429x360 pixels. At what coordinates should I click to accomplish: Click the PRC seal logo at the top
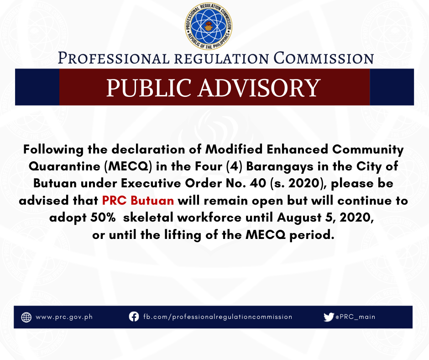[x=209, y=26]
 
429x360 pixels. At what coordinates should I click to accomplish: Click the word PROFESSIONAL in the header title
[x=114, y=58]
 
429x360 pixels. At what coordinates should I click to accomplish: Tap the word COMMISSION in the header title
[x=324, y=58]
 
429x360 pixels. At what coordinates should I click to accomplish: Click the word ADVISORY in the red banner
[x=259, y=88]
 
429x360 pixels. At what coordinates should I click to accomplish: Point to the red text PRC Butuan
[x=138, y=201]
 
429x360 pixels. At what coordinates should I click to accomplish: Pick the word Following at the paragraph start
[x=53, y=150]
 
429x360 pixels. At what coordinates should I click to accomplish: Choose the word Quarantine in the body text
[x=64, y=167]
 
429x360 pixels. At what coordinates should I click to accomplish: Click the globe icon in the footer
[x=26, y=317]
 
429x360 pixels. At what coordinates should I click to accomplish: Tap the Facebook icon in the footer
[x=134, y=317]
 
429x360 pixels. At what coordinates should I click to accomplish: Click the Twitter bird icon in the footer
[x=329, y=317]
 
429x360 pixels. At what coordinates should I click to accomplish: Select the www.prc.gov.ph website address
[x=64, y=317]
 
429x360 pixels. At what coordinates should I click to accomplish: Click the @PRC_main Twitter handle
[x=356, y=317]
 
